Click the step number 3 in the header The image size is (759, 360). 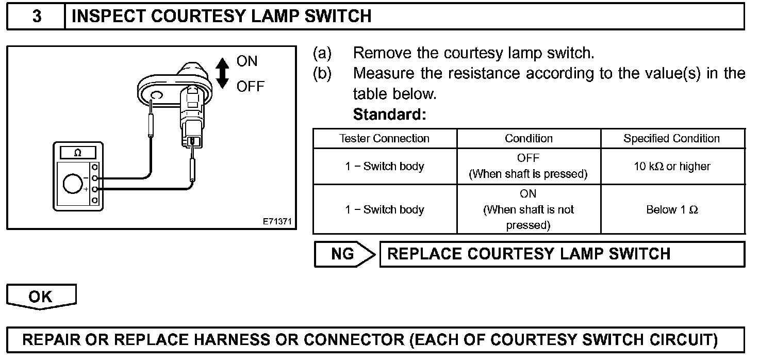click(37, 17)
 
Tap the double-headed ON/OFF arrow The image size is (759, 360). click(222, 73)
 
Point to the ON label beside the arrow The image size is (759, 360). click(246, 61)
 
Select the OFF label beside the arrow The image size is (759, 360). click(250, 87)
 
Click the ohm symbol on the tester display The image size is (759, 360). click(77, 153)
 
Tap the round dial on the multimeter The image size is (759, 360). click(73, 184)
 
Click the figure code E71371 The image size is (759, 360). click(277, 222)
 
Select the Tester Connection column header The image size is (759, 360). click(384, 139)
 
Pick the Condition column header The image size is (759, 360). click(529, 139)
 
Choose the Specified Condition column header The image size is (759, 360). click(671, 139)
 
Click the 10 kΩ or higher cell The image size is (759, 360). click(672, 167)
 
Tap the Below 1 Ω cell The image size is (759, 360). click(672, 210)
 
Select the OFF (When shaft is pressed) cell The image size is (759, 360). click(528, 166)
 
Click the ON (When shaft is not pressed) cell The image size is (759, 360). click(528, 209)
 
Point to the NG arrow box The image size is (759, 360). click(344, 254)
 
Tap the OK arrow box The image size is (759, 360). click(41, 297)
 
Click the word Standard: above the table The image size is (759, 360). click(389, 114)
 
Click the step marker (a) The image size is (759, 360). click(322, 53)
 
